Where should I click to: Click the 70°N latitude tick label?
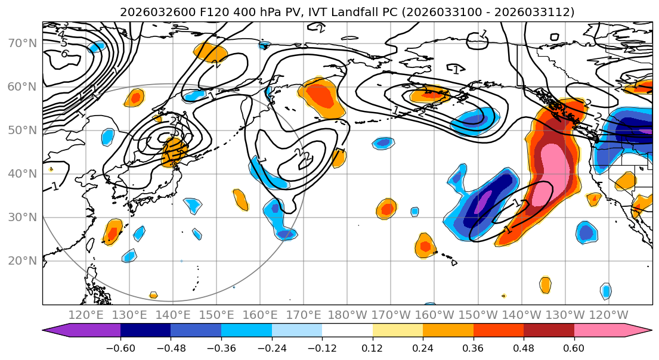coord(21,43)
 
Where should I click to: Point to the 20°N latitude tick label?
coord(21,260)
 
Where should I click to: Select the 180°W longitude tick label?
coord(347,315)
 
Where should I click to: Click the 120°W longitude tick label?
coord(608,315)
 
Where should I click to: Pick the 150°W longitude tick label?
coord(478,315)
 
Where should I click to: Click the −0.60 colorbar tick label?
coord(120,347)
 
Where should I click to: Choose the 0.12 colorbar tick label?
coord(373,347)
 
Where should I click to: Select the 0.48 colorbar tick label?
coord(524,347)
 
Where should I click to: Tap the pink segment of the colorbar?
coord(599,331)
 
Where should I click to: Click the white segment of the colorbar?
coord(347,331)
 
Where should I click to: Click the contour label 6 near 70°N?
coord(65,54)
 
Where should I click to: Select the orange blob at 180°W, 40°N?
coord(339,157)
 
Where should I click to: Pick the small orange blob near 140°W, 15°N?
coord(545,284)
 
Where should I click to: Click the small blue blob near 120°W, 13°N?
coord(606,291)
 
